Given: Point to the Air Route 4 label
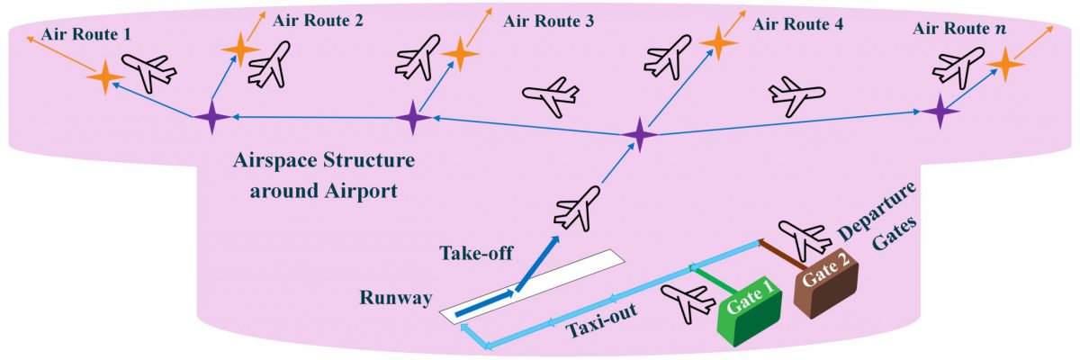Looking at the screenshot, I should [x=798, y=24].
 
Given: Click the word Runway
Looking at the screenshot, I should [x=391, y=298].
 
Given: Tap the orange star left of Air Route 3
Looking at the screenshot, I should [x=460, y=54].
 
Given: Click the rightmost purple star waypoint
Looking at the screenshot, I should [x=940, y=112].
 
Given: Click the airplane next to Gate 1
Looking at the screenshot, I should [x=687, y=301].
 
